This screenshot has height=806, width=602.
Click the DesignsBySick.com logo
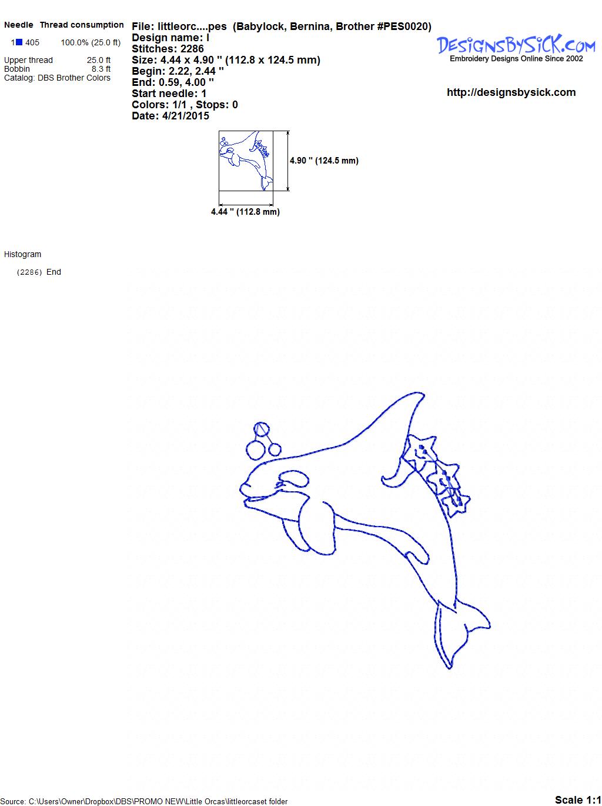(x=516, y=48)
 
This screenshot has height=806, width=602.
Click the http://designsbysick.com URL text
(x=511, y=92)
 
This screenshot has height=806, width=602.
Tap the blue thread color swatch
(x=19, y=42)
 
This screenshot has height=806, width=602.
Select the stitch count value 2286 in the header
(x=192, y=49)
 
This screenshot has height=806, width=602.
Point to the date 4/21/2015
(x=185, y=116)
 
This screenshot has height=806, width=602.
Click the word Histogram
(x=22, y=254)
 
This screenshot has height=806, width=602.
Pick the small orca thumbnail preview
(x=246, y=161)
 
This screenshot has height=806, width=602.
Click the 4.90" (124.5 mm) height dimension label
(x=324, y=161)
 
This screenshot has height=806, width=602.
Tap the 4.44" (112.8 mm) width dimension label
(x=245, y=212)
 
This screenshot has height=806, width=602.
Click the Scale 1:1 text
(x=577, y=797)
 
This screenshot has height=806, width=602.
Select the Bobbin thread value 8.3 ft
(x=101, y=69)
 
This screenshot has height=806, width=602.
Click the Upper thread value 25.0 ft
(x=98, y=60)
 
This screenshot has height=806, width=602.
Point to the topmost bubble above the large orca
(x=261, y=429)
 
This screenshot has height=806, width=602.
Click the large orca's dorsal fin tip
(x=423, y=394)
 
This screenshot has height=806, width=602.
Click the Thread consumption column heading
(x=82, y=25)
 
